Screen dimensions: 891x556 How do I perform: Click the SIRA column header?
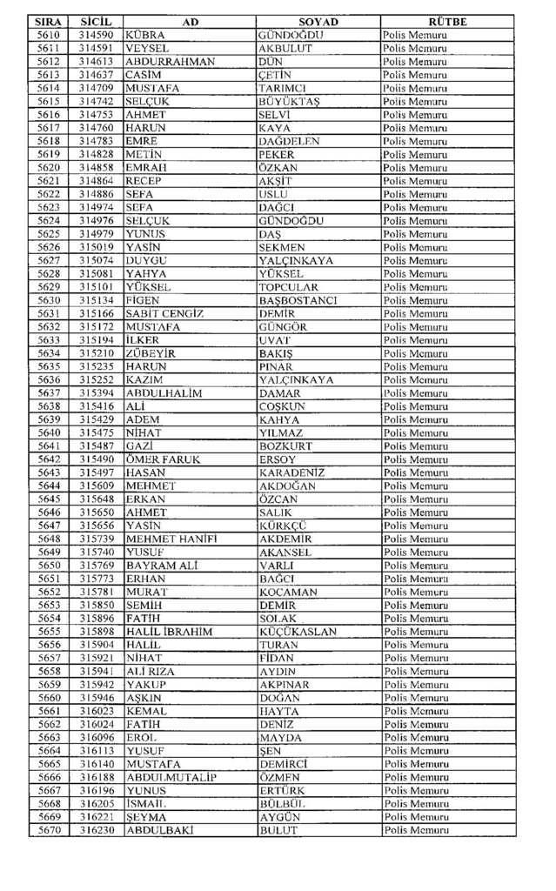(x=48, y=22)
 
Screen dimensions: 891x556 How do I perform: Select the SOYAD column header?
(x=318, y=22)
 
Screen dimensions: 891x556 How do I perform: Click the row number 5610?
(x=48, y=35)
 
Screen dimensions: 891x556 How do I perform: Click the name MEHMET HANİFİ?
(x=171, y=539)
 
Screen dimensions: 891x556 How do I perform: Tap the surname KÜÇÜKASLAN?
(x=298, y=632)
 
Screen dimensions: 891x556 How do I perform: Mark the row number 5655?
(x=48, y=632)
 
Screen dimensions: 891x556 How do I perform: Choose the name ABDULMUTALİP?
(x=171, y=777)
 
